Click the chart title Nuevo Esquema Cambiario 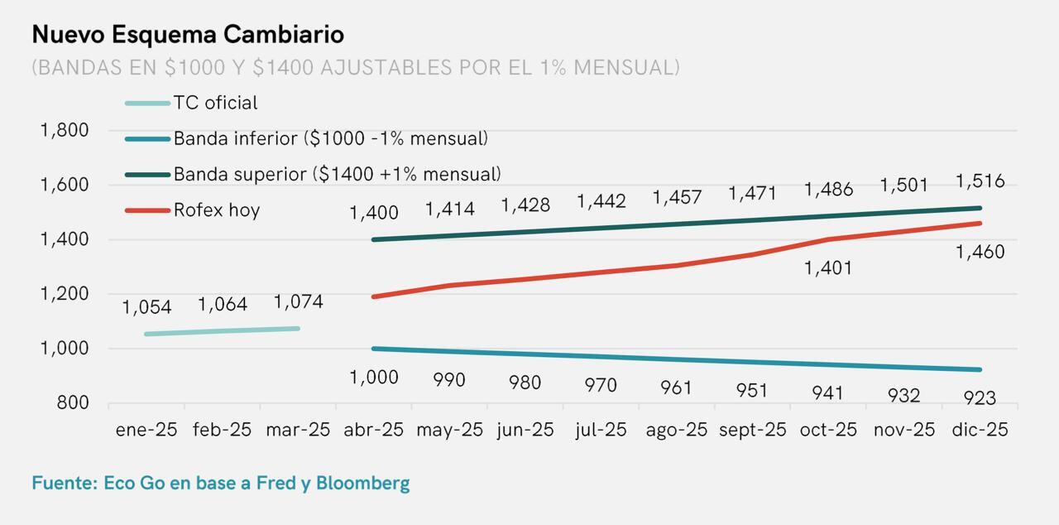(x=188, y=35)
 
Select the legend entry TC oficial (x=215, y=103)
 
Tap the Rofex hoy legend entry (x=216, y=210)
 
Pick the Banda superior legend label (x=337, y=174)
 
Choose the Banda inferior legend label (x=330, y=138)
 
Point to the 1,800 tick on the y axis (x=65, y=130)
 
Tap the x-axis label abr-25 (x=374, y=430)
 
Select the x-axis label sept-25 (x=752, y=430)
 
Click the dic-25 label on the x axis (x=980, y=430)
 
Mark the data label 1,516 (x=980, y=181)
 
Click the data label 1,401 (x=828, y=268)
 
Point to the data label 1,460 (x=980, y=252)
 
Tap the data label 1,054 (x=146, y=307)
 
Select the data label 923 (x=980, y=398)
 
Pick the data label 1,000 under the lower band (x=374, y=378)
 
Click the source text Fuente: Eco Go (x=220, y=483)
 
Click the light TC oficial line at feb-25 (x=222, y=331)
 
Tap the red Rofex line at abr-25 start (x=375, y=296)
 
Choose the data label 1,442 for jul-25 (x=601, y=201)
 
